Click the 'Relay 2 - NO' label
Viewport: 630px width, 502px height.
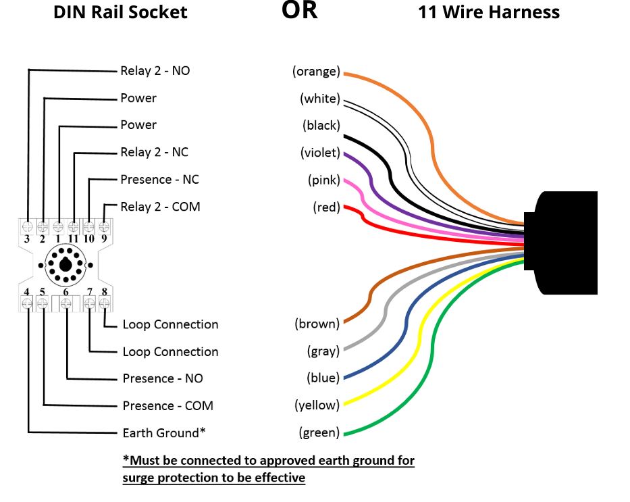(x=155, y=70)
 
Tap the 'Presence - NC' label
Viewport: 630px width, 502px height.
(x=159, y=179)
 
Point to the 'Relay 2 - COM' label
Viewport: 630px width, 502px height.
(x=160, y=206)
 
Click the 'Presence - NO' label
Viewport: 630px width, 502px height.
(x=162, y=378)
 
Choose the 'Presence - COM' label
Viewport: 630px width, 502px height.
(x=167, y=405)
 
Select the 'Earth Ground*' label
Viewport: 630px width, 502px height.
(x=164, y=432)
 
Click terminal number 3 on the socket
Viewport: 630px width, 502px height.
(x=27, y=239)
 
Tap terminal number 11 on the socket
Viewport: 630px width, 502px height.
(x=73, y=239)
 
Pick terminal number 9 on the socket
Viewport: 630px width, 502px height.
(x=104, y=239)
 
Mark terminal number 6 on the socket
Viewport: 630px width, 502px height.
(x=66, y=292)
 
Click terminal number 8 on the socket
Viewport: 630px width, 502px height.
(x=105, y=292)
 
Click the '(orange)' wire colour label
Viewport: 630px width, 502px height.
(x=316, y=72)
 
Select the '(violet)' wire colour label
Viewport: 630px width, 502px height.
(x=320, y=153)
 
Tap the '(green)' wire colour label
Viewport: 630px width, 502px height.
(x=319, y=432)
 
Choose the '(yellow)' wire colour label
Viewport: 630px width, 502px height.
(x=317, y=405)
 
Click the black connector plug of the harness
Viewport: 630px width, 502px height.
(x=566, y=243)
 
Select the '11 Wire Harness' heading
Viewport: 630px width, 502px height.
(x=489, y=11)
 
